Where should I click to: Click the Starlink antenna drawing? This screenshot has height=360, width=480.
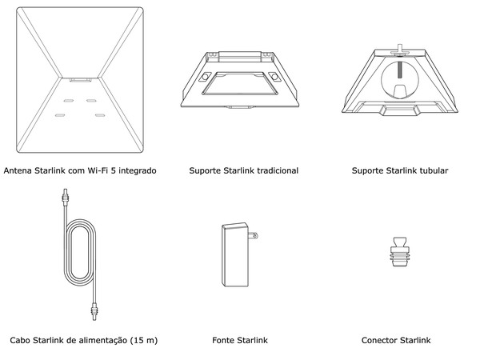(x=80, y=80)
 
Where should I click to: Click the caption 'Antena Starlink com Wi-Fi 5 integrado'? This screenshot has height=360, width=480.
(x=80, y=170)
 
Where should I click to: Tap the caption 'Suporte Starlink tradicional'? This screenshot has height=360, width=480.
(x=244, y=170)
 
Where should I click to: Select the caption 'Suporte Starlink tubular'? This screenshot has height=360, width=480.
(x=400, y=170)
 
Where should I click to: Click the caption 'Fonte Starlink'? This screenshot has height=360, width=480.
(x=240, y=341)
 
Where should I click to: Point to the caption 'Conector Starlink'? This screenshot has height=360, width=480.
(x=396, y=341)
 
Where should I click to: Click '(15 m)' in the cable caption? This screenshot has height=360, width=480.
(x=142, y=341)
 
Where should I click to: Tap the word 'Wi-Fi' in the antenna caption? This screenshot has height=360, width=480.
(x=96, y=170)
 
